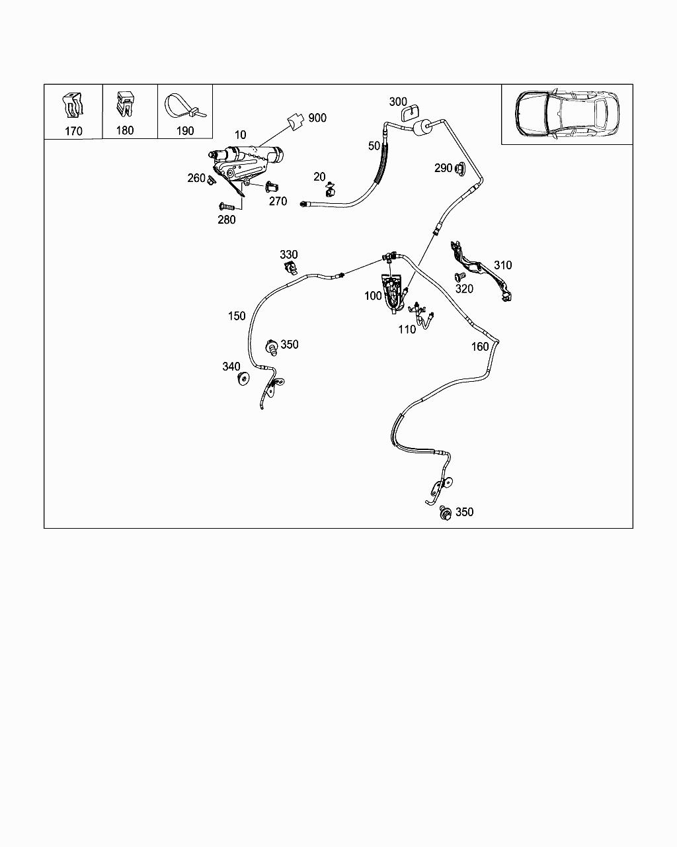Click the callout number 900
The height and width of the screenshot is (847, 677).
[317, 118]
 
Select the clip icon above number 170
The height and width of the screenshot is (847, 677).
[73, 106]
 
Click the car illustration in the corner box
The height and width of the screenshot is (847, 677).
[567, 113]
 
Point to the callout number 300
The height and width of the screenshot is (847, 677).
[398, 101]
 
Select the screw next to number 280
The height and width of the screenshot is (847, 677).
[226, 206]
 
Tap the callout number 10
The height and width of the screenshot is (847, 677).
[240, 135]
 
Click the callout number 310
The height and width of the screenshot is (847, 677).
[502, 265]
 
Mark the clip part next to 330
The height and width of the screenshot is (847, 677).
[290, 268]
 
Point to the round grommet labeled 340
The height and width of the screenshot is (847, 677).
[243, 380]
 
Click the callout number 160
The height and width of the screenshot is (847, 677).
[480, 346]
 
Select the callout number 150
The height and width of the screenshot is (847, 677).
[237, 316]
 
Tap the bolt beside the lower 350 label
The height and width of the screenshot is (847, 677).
[446, 513]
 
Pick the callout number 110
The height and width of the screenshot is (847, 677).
[407, 329]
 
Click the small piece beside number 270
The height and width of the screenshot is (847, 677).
[270, 187]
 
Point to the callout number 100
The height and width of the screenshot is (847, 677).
[373, 296]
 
